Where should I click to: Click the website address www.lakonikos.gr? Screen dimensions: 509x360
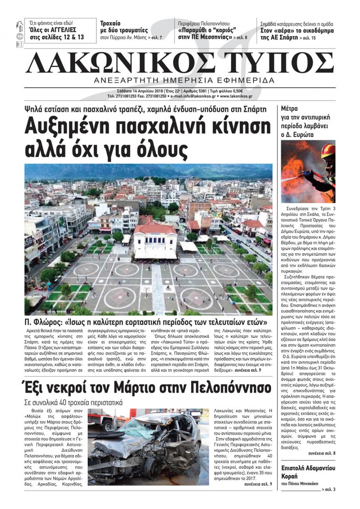click(236, 96)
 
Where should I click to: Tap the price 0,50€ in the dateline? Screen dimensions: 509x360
click(237, 91)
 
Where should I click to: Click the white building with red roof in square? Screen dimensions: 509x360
click(156, 240)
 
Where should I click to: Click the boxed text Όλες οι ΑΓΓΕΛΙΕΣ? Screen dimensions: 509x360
click(53, 30)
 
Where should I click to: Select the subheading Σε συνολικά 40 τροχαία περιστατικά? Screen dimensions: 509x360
click(73, 403)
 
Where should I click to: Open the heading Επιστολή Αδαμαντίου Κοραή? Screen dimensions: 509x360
click(308, 472)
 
